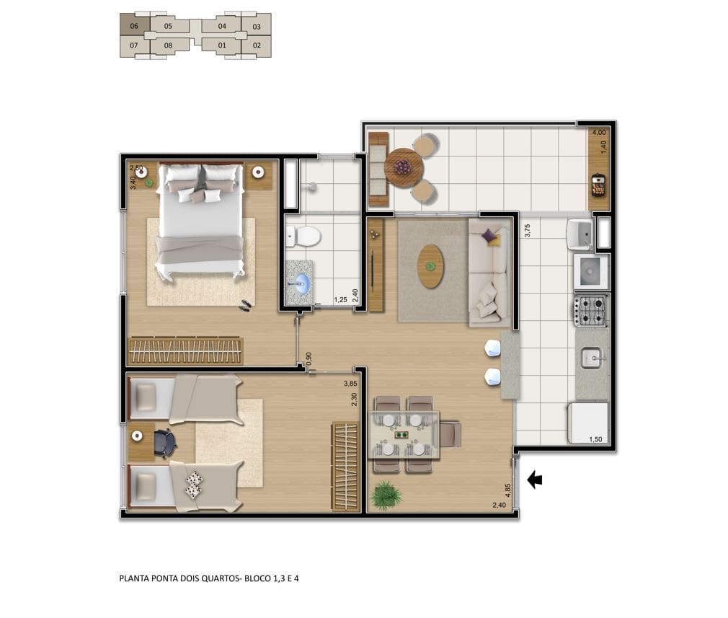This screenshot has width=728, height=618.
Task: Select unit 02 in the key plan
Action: click(x=257, y=46)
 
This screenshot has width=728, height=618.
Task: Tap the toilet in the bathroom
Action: click(x=303, y=236)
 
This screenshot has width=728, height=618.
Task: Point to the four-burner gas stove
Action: click(x=590, y=311)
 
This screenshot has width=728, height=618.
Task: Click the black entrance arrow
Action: click(x=535, y=480)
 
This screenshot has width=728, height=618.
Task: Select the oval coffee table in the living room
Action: click(x=430, y=266)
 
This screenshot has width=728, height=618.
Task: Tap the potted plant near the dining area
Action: click(x=386, y=495)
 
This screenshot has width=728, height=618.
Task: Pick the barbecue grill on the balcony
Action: click(x=598, y=185)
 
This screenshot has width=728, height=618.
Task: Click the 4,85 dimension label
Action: click(x=507, y=490)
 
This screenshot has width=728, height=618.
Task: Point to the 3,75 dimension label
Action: click(x=527, y=231)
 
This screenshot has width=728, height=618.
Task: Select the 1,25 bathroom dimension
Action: click(x=340, y=300)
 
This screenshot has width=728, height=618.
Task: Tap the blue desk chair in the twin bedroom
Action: click(x=164, y=443)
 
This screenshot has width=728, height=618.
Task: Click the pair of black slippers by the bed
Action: click(x=246, y=305)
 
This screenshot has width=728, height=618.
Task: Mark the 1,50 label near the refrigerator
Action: click(x=595, y=439)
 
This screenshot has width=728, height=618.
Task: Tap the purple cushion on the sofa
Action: click(x=489, y=236)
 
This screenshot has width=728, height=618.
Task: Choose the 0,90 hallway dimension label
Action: click(x=309, y=358)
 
